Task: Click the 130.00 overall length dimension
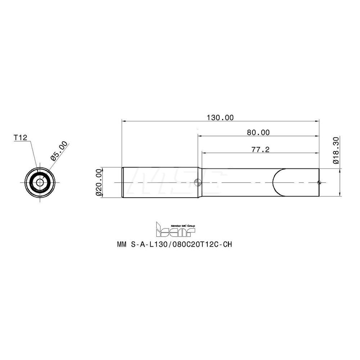pyautogui.click(x=220, y=117)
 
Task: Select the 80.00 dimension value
pyautogui.click(x=258, y=132)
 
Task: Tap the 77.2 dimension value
pyautogui.click(x=260, y=149)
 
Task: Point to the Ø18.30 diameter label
pyautogui.click(x=336, y=150)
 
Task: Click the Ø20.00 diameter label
pyautogui.click(x=98, y=183)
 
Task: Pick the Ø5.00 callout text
pyautogui.click(x=59, y=151)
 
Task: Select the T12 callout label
pyautogui.click(x=20, y=138)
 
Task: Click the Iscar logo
pyautogui.click(x=175, y=229)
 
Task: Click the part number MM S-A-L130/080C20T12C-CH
pyautogui.click(x=174, y=244)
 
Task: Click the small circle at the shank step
pyautogui.click(x=197, y=183)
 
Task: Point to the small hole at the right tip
pyautogui.click(x=319, y=183)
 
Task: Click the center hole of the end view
pyautogui.click(x=39, y=183)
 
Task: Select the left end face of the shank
pyautogui.click(x=122, y=183)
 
